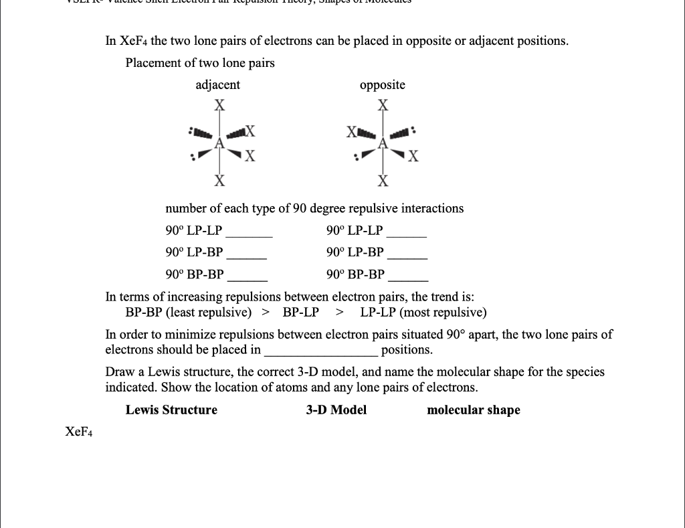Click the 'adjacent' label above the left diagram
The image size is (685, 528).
[217, 85]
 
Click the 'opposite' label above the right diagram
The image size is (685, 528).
[382, 85]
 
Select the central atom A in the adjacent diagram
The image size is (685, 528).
[219, 143]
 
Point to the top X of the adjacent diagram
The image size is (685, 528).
[219, 106]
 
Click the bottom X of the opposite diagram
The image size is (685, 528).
[383, 181]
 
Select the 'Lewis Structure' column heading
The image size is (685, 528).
[171, 410]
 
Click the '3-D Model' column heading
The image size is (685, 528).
[336, 410]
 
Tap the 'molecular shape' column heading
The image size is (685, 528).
[473, 410]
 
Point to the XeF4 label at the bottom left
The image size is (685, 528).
[79, 432]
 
